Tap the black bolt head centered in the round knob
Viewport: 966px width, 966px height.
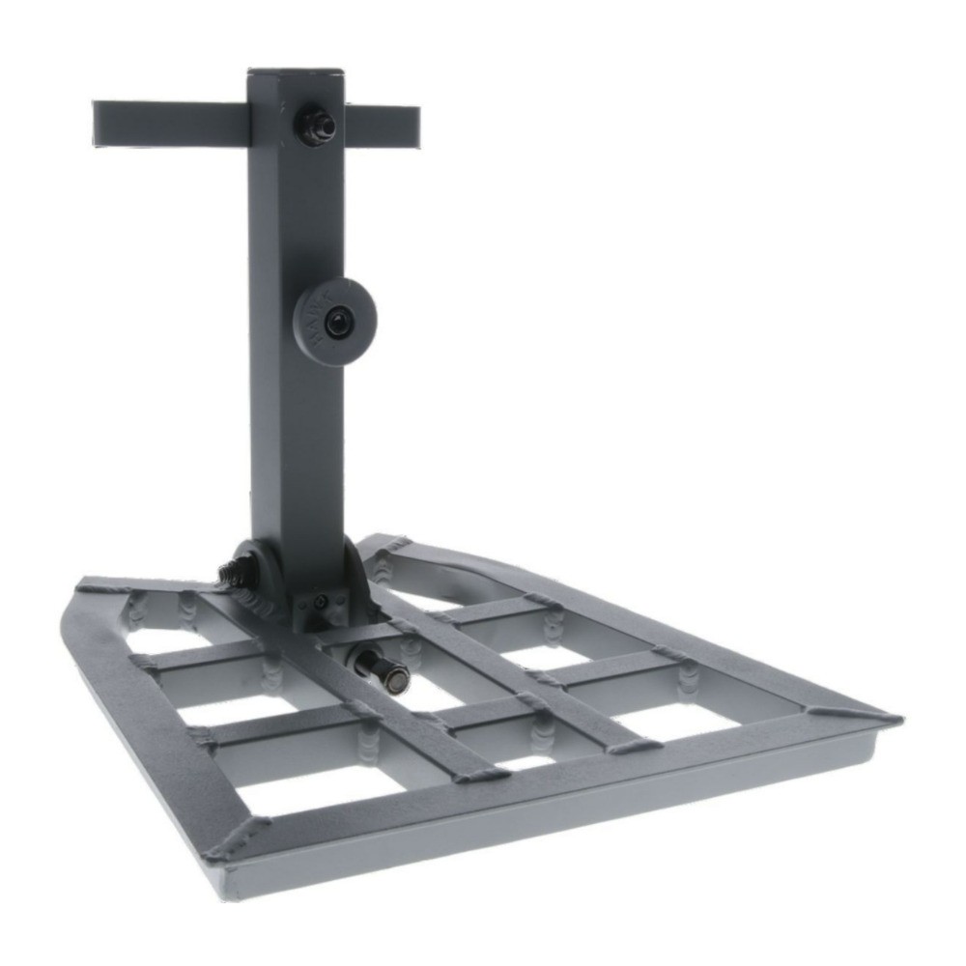338,324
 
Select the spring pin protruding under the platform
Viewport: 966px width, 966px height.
382,670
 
